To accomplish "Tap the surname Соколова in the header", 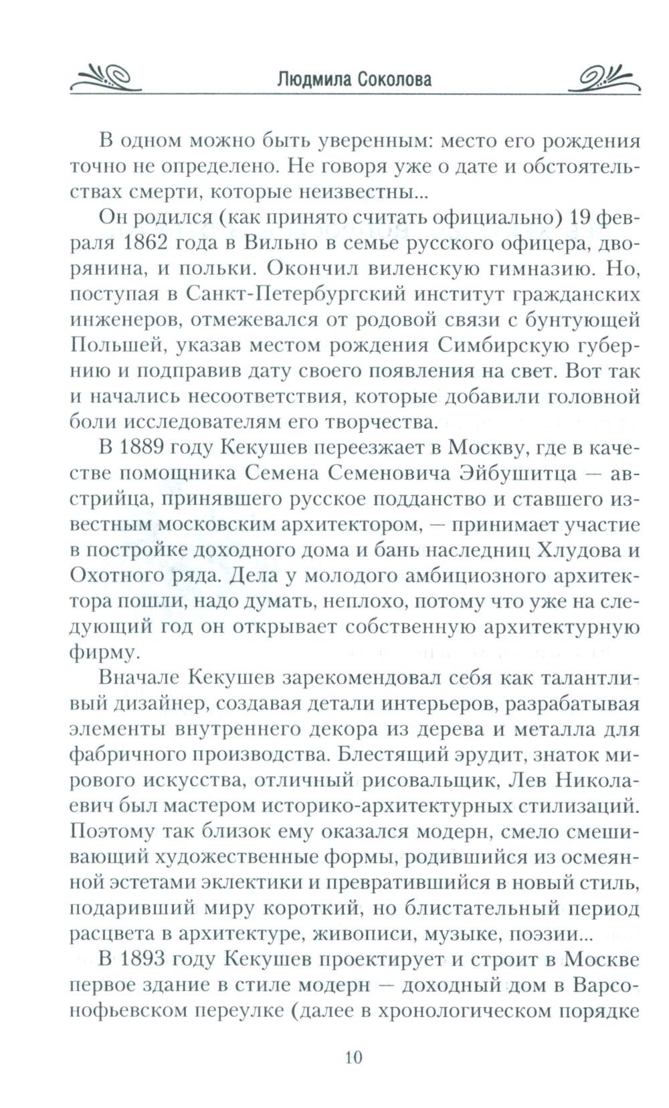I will pos(395,80).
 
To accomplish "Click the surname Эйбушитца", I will pos(509,473).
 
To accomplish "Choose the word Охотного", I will pos(114,575).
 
